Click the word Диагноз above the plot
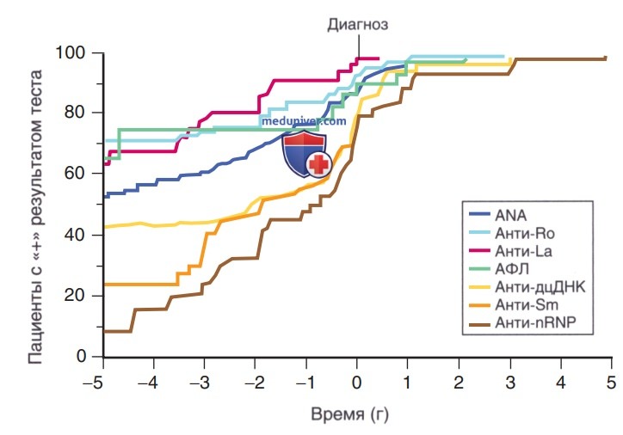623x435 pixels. tap(358, 25)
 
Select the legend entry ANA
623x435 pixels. tap(511, 215)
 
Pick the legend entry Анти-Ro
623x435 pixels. tap(524, 233)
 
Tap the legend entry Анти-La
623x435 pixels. tap(523, 251)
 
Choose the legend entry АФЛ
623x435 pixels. tap(512, 269)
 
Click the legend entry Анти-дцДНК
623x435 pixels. tap(540, 286)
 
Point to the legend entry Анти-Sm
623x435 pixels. tap(527, 304)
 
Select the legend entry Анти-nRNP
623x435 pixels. tap(535, 322)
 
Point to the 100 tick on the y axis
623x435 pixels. tap(71, 52)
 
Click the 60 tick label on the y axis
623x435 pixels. tap(75, 173)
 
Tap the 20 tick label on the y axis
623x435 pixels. tap(75, 295)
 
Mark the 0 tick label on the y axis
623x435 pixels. tap(81, 356)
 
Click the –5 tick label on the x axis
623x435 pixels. tap(94, 383)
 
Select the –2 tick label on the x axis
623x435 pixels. tap(255, 383)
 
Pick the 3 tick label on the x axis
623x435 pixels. tap(510, 383)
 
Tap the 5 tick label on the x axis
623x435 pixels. tap(611, 383)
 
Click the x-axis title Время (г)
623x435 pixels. tap(349, 414)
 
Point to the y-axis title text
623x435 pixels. tap(35, 217)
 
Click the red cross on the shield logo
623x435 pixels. tap(318, 164)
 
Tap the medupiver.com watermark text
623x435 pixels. tap(304, 120)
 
